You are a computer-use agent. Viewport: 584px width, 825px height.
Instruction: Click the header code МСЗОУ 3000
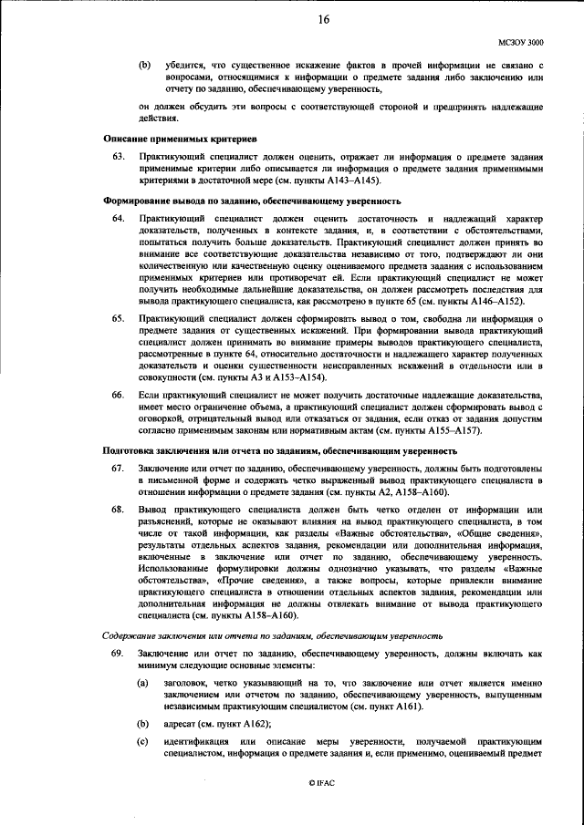point(520,42)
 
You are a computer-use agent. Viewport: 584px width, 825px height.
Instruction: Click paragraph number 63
point(118,158)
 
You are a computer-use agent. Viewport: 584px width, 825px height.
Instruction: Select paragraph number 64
point(118,221)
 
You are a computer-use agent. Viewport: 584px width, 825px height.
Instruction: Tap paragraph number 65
point(118,318)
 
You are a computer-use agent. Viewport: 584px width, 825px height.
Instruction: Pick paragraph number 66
point(118,395)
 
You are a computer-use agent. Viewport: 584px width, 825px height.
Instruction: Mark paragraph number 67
point(118,469)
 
